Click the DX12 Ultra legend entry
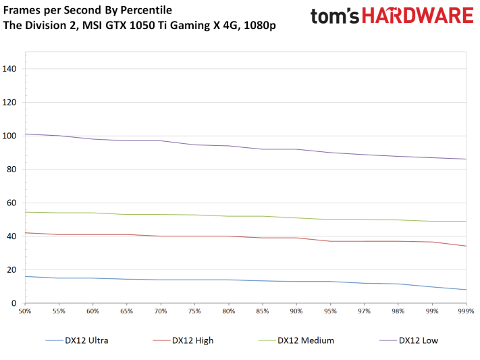click(x=77, y=340)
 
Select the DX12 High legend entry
click(x=184, y=340)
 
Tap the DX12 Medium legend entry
click(x=296, y=340)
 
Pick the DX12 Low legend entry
click(x=409, y=340)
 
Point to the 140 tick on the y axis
click(x=9, y=69)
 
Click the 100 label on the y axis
click(x=9, y=136)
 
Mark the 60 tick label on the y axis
click(x=11, y=203)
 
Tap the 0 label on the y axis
click(x=14, y=303)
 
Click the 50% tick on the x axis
click(x=25, y=311)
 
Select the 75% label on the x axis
click(x=194, y=311)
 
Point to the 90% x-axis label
click(x=296, y=311)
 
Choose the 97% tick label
click(x=364, y=311)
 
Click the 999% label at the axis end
click(x=466, y=311)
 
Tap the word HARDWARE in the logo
click(x=418, y=16)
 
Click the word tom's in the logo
click(x=335, y=16)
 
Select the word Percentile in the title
click(x=146, y=10)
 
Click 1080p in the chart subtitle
click(x=260, y=26)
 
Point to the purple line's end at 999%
click(x=466, y=159)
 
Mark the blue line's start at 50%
click(x=25, y=276)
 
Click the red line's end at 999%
click(x=466, y=246)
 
